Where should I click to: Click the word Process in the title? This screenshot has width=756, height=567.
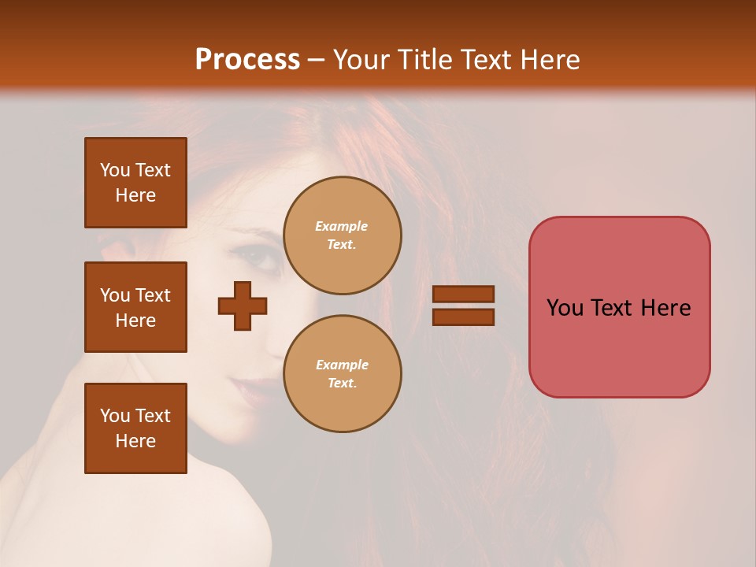(x=247, y=60)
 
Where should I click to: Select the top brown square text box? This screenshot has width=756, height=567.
(x=135, y=183)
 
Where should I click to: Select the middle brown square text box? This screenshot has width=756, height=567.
(x=135, y=307)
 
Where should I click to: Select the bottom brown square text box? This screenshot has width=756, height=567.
(x=135, y=428)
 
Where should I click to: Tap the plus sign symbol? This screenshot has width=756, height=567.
(x=243, y=306)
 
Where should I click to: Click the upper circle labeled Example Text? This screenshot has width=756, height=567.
(x=342, y=235)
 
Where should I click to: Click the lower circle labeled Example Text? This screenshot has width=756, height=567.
(x=342, y=374)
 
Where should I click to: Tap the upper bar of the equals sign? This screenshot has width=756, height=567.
(x=463, y=295)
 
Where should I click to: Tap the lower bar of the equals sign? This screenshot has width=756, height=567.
(x=463, y=317)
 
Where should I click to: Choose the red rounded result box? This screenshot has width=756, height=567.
(x=619, y=307)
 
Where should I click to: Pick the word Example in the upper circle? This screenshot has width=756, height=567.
(x=342, y=226)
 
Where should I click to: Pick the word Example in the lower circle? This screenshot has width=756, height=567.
(x=342, y=365)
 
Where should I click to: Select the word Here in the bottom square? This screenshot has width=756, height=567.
(x=135, y=441)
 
